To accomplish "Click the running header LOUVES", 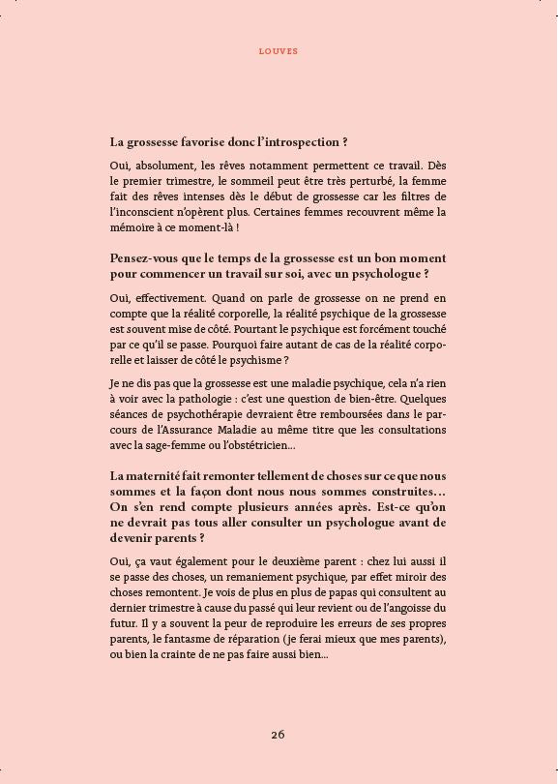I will tap(279, 51).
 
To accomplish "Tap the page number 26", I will tap(279, 735).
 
